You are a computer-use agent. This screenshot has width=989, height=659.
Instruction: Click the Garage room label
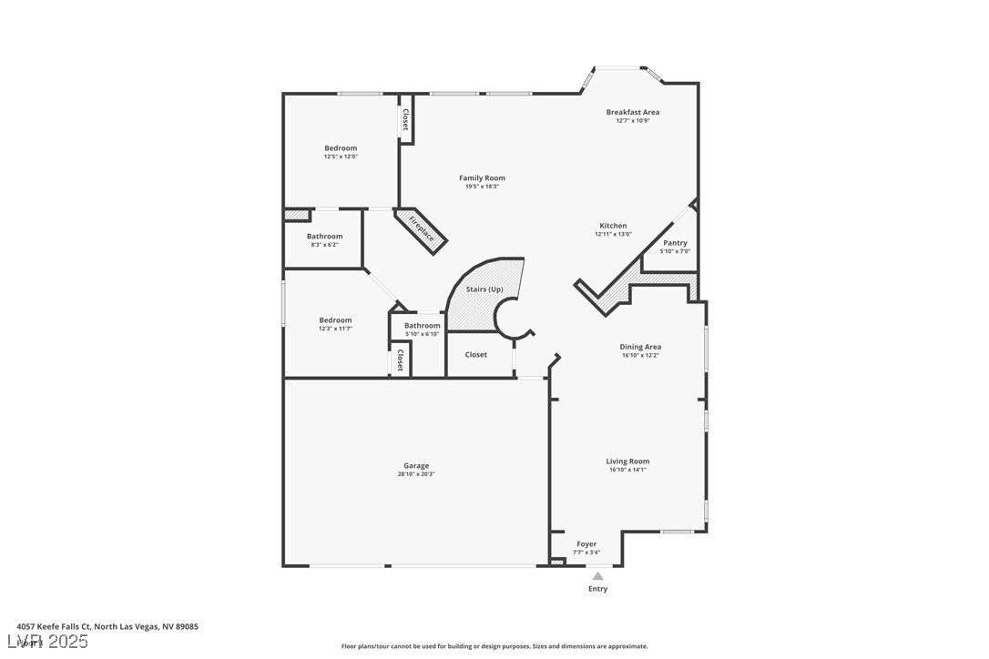pyautogui.click(x=416, y=466)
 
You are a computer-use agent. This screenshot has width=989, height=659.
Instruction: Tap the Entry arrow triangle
pyautogui.click(x=597, y=576)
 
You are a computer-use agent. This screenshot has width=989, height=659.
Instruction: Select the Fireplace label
pyautogui.click(x=421, y=228)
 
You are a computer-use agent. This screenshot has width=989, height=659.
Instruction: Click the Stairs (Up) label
pyautogui.click(x=484, y=289)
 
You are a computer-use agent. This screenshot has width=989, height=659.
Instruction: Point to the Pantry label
pyautogui.click(x=675, y=243)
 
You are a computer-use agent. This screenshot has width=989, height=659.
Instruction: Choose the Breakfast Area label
pyautogui.click(x=633, y=112)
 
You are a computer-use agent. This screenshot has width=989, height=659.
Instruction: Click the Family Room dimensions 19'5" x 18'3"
pyautogui.click(x=482, y=187)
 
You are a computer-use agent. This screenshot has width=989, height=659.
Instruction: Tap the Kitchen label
pyautogui.click(x=613, y=226)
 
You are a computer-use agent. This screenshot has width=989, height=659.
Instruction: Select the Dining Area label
pyautogui.click(x=640, y=347)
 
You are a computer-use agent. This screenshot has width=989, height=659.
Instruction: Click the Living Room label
pyautogui.click(x=627, y=461)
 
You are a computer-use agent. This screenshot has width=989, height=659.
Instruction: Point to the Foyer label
pyautogui.click(x=586, y=544)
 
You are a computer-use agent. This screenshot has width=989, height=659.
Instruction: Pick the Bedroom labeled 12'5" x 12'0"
pyautogui.click(x=341, y=148)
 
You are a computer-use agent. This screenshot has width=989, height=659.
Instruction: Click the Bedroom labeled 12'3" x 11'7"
pyautogui.click(x=335, y=320)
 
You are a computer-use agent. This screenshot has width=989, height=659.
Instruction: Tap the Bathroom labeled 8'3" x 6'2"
pyautogui.click(x=324, y=237)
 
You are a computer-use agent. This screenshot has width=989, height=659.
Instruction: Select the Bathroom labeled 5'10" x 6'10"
pyautogui.click(x=422, y=326)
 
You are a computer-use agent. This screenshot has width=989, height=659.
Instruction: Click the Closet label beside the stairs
pyautogui.click(x=475, y=355)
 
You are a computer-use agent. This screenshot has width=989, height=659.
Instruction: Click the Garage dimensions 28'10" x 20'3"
pyautogui.click(x=416, y=474)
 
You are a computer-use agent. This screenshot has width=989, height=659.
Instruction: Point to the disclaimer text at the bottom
pyautogui.click(x=494, y=646)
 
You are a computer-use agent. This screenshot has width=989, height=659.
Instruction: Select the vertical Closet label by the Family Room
pyautogui.click(x=405, y=120)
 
